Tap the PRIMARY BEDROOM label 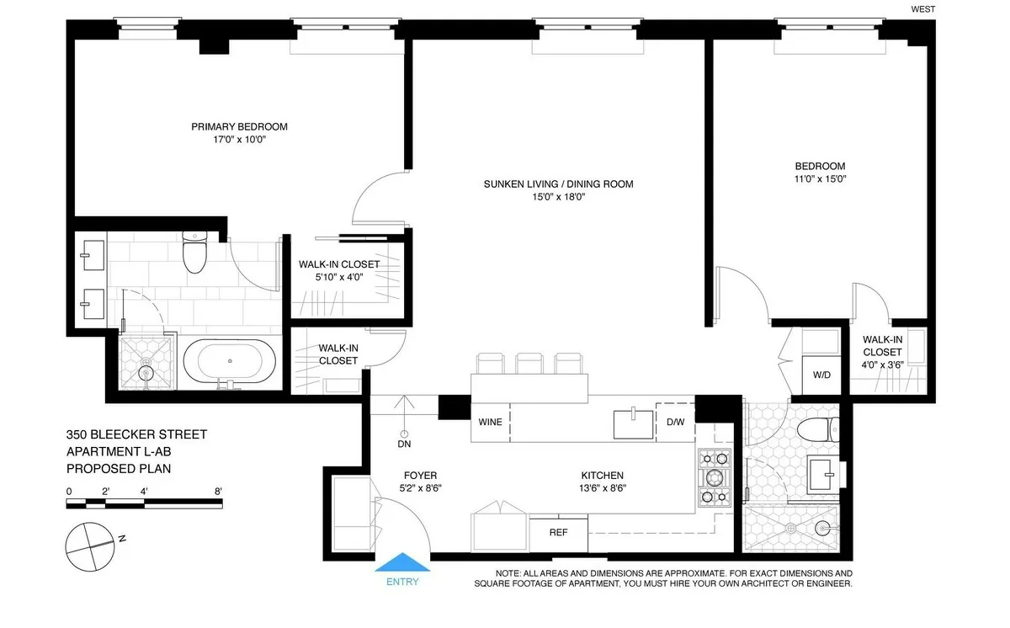pyautogui.click(x=239, y=127)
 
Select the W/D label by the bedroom pyautogui.click(x=821, y=375)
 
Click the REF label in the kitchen pyautogui.click(x=558, y=532)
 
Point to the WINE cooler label pyautogui.click(x=490, y=422)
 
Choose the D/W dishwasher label pyautogui.click(x=675, y=422)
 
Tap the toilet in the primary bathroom pyautogui.click(x=194, y=252)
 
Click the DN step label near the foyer pyautogui.click(x=405, y=444)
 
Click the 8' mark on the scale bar pyautogui.click(x=219, y=491)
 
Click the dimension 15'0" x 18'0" pyautogui.click(x=557, y=197)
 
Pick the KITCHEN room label pyautogui.click(x=602, y=475)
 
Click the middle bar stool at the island pyautogui.click(x=529, y=364)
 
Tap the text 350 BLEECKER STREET pyautogui.click(x=136, y=434)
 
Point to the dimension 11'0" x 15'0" pyautogui.click(x=820, y=178)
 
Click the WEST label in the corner pyautogui.click(x=924, y=10)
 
